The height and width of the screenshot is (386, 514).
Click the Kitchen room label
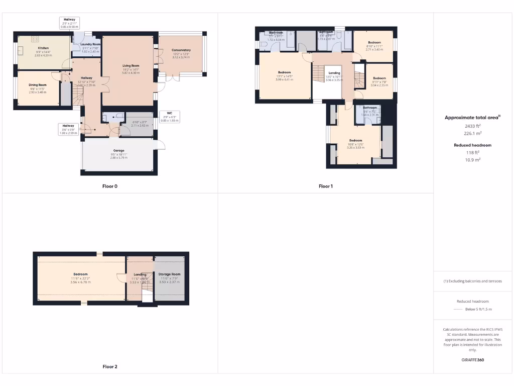coord(43,48)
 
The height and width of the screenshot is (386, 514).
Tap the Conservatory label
coord(181,50)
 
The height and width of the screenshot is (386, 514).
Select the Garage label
coord(118,151)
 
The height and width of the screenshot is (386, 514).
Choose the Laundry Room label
coord(90,45)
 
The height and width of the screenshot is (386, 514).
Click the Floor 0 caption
coord(109,186)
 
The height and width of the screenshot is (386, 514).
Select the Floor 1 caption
coord(325,186)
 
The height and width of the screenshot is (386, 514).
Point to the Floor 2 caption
coord(109,367)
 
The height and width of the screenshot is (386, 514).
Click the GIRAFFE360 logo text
coord(473,360)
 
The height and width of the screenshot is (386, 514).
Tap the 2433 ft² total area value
coord(472,127)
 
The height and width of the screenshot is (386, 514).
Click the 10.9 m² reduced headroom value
coord(472,159)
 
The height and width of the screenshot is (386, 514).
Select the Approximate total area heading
coord(472,118)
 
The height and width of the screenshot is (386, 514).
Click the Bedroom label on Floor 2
coord(80,274)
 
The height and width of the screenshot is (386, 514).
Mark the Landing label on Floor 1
coord(334,73)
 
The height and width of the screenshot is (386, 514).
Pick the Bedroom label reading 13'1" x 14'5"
coord(284,73)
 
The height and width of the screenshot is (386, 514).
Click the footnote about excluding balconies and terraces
coord(472,281)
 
